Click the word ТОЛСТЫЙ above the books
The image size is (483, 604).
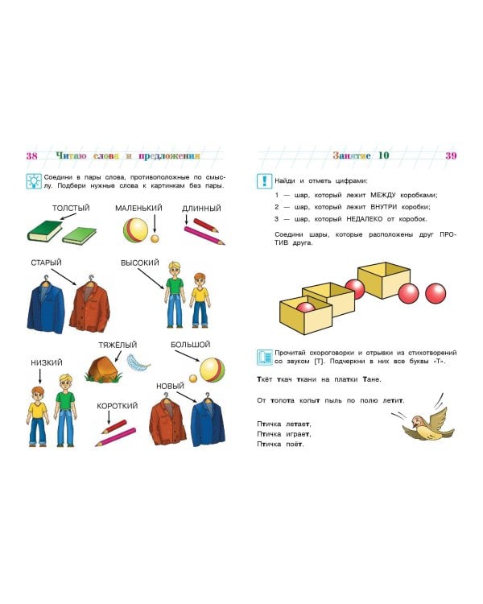pos(71,209)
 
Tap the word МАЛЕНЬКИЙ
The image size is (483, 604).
pos(138,209)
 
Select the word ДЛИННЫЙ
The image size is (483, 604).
pos(201,209)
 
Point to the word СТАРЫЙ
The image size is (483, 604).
pos(47,263)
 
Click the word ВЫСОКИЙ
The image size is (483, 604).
pos(140,263)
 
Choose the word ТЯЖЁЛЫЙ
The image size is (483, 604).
pos(117,345)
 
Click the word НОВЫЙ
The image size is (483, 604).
pos(171,387)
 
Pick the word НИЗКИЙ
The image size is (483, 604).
pos(47,362)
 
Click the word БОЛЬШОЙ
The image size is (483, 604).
pos(191,345)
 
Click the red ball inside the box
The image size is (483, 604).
pos(306,308)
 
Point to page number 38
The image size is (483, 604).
pos(32,155)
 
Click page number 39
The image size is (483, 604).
pos(451,155)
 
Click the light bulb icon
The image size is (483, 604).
pos(34,181)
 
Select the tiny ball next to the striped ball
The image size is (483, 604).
pos(155,238)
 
